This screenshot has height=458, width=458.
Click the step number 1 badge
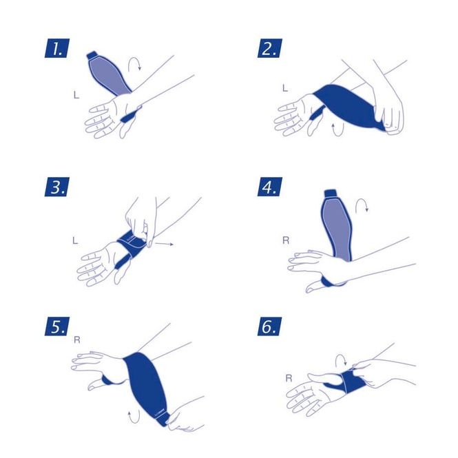[x=57, y=48]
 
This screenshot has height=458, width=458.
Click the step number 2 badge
[x=269, y=48]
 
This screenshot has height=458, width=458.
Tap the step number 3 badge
[x=57, y=187]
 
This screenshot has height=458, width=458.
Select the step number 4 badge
[x=269, y=187]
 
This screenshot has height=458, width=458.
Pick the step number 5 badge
[x=57, y=326]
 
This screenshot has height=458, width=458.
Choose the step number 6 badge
[x=269, y=326]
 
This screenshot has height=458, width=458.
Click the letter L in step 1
[x=76, y=95]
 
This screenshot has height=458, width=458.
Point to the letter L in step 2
[x=285, y=88]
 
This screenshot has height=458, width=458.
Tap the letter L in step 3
[x=75, y=240]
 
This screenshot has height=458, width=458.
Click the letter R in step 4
[x=286, y=240]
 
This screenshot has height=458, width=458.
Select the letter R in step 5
[x=77, y=340]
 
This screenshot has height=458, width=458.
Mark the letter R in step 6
[x=289, y=378]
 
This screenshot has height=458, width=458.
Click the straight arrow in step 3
[x=164, y=244]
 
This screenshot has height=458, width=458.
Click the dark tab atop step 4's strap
[x=331, y=193]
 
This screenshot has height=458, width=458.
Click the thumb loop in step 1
[x=131, y=114]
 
